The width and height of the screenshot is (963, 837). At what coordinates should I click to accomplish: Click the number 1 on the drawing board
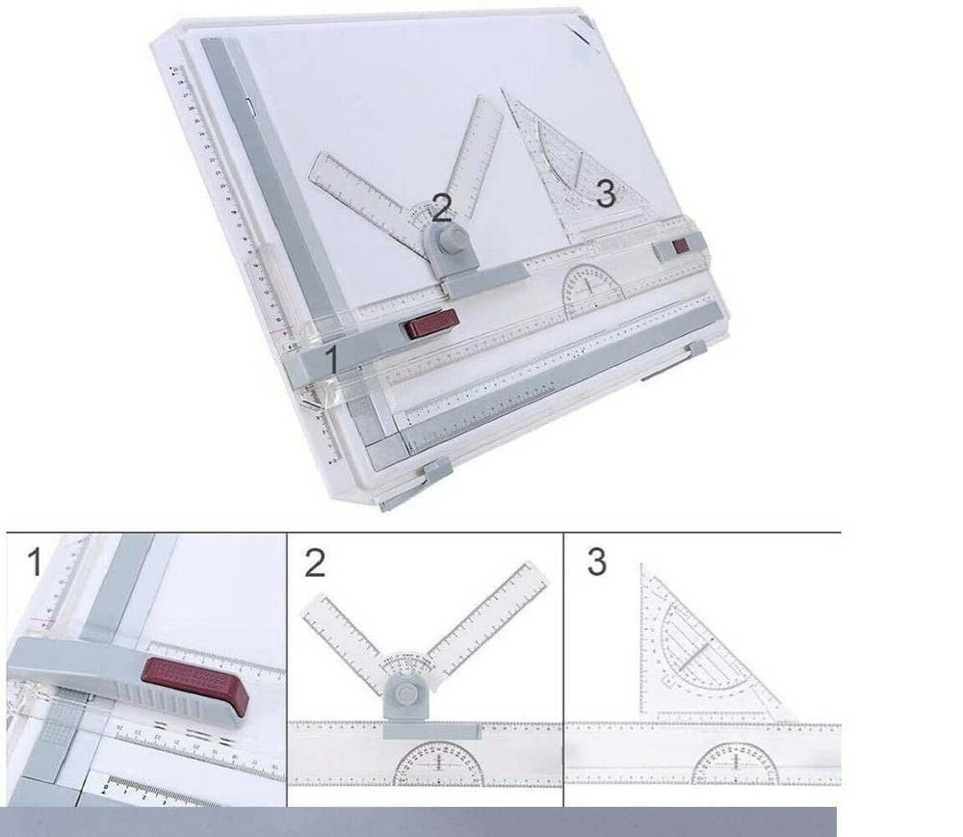[x=332, y=360]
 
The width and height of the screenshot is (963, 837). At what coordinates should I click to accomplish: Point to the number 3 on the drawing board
[x=605, y=195]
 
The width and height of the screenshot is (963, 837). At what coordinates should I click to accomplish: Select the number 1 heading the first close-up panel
[x=34, y=562]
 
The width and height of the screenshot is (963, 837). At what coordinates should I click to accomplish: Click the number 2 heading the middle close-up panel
[x=315, y=562]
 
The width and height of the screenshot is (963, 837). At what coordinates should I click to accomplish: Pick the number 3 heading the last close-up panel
[x=597, y=562]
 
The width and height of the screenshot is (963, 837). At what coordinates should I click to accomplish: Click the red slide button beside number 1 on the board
[x=430, y=326]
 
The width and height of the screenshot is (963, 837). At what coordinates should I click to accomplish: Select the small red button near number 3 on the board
[x=681, y=248]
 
